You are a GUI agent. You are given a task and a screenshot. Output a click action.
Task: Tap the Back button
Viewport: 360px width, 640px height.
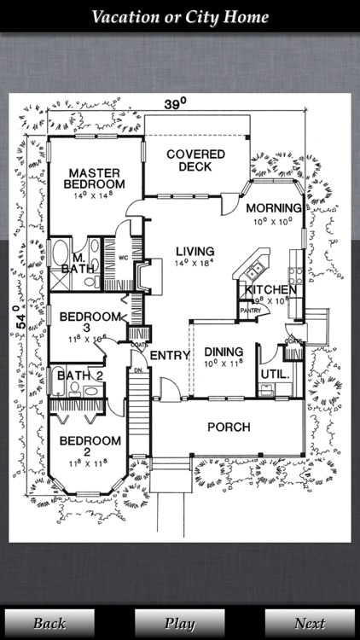[49, 623]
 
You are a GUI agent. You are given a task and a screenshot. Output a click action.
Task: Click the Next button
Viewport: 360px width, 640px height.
[309, 623]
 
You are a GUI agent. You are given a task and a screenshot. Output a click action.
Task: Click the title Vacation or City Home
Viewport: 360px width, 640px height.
[180, 17]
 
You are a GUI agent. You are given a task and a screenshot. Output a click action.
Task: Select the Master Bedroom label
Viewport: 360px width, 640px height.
[96, 177]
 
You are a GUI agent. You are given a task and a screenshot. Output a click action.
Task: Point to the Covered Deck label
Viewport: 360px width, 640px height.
[195, 160]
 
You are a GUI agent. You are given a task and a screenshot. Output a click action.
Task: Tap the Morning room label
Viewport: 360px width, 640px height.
[273, 208]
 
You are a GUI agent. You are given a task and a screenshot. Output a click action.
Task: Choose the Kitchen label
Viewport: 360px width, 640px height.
[271, 290]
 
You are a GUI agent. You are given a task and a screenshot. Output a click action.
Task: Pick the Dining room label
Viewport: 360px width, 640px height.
[223, 352]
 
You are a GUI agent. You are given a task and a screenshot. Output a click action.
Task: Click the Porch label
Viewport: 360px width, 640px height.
[229, 427]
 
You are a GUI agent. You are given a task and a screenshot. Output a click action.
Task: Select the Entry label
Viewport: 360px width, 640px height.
[169, 355]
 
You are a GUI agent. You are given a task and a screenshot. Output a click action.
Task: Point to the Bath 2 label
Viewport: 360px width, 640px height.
[79, 375]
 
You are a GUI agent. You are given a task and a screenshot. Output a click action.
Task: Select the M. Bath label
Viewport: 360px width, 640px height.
[75, 264]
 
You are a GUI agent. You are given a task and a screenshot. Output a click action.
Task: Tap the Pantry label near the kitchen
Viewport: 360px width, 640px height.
[250, 311]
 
